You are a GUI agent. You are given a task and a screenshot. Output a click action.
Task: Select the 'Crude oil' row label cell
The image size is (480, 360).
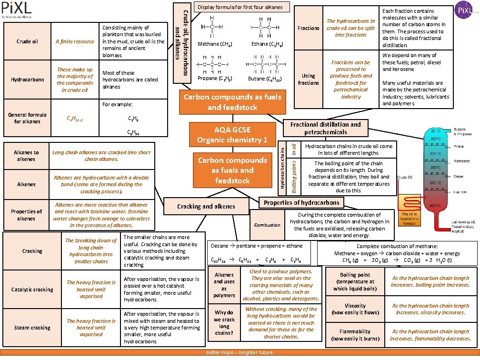coord(27,41)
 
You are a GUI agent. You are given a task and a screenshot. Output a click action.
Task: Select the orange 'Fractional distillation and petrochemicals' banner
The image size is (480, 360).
coord(325,128)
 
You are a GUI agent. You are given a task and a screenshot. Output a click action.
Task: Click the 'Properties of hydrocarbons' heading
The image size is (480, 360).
coord(301,202)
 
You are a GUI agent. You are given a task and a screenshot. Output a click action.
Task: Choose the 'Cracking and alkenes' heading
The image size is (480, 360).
coord(206,206)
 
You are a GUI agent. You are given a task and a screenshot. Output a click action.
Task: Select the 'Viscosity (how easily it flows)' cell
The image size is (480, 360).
coord(355,309)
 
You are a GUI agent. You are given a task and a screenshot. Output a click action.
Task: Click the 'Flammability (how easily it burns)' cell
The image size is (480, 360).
coord(355,335)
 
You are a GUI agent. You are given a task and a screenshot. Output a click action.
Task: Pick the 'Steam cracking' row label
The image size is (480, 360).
coord(32,328)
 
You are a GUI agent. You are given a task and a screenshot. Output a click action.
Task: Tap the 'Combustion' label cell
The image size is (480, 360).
coord(267,225)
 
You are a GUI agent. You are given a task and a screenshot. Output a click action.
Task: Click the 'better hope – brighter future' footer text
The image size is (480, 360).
coord(239,352)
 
